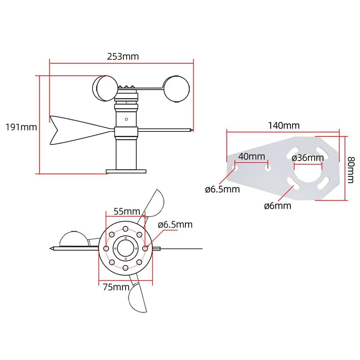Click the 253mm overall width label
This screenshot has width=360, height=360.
[x=122, y=57]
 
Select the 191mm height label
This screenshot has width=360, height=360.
[x=21, y=127]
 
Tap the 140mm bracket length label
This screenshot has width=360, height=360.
[x=284, y=125]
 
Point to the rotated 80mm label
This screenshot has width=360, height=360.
[x=353, y=167]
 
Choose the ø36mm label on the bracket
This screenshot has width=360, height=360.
[x=308, y=158]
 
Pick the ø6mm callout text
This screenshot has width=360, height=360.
[x=277, y=206]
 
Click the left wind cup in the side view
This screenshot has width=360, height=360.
[x=104, y=88]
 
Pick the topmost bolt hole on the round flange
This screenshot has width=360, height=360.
[x=125, y=229]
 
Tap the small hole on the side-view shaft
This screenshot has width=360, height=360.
[x=126, y=119]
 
